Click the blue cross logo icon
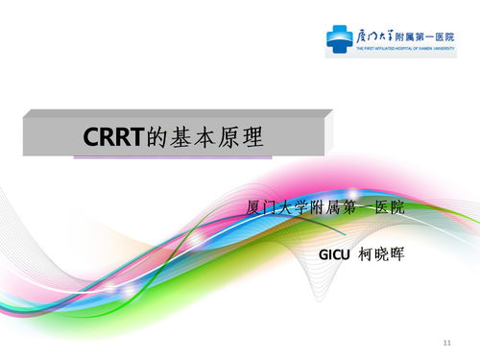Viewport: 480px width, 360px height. [x=339, y=38]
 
